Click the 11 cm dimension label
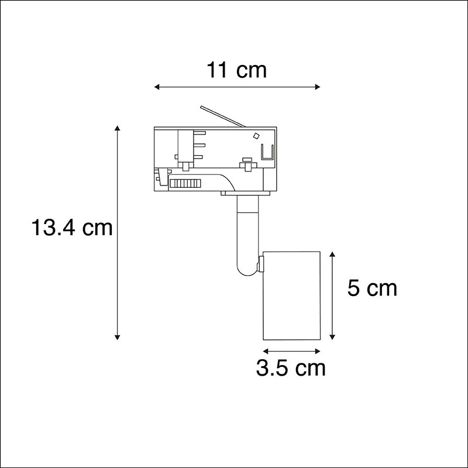click(x=236, y=70)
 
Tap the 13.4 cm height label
click(x=72, y=227)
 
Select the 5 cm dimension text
click(x=372, y=288)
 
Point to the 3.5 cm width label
click(x=291, y=369)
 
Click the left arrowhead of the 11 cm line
click(x=156, y=87)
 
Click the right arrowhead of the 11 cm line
click(x=318, y=87)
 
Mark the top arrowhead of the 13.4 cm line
click(x=118, y=128)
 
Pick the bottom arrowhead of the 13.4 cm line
click(x=118, y=336)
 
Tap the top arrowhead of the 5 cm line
click(x=332, y=254)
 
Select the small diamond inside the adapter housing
click(x=256, y=136)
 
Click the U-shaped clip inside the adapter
click(x=267, y=152)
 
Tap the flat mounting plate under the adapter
click(x=246, y=192)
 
